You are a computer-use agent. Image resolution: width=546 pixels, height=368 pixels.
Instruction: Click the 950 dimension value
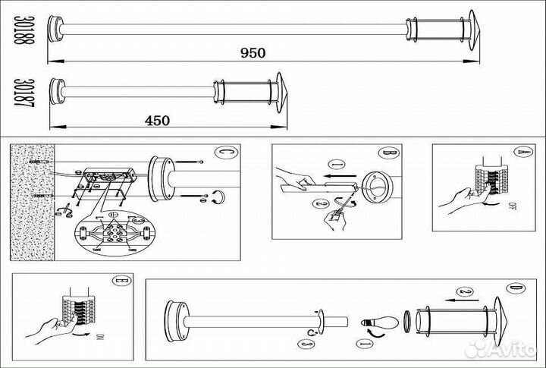coord(253,52)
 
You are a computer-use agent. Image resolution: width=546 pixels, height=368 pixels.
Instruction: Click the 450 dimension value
coord(158,120)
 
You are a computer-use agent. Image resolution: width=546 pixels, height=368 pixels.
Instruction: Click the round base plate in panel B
coord(377,187)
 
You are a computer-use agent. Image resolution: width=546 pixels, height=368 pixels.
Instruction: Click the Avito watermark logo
coord(500,348)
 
